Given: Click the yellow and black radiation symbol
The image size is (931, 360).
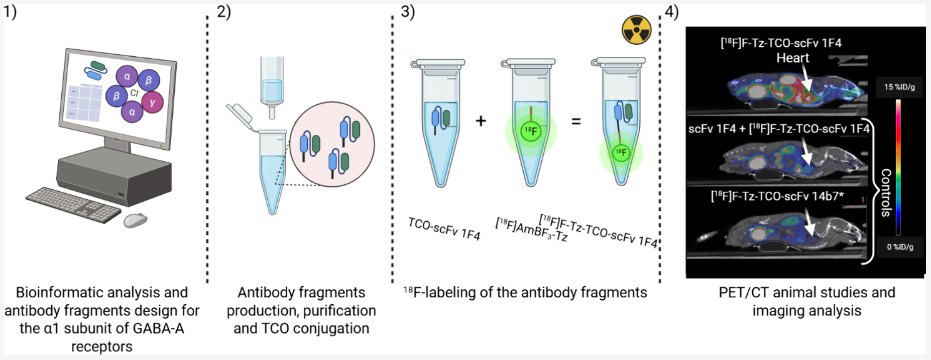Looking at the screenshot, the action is tap(636, 30).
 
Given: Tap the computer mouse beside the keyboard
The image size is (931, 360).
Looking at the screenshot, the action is tap(136, 220).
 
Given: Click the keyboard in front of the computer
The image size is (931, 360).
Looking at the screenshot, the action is tap(73, 205).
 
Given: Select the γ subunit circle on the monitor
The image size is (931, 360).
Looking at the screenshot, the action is tap(152, 102).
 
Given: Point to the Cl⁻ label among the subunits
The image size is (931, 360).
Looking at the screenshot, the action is tap(135, 93).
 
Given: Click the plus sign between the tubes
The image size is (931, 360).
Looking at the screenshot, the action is tap(481, 121).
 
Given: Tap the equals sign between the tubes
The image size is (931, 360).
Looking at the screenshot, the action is tap(576, 121).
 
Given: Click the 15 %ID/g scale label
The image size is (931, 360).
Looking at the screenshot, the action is tap(899, 87).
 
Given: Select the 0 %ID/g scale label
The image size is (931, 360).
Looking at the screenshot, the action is tap(900, 247).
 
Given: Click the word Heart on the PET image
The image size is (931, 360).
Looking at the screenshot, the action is tap(792, 58).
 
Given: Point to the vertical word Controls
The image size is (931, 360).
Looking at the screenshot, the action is tap(886, 192).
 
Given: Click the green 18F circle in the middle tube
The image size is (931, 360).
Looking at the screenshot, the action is tap(531, 132).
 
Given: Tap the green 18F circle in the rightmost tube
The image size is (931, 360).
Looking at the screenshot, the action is tap(621, 153).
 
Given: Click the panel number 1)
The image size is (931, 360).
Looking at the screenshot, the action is tap(10, 12).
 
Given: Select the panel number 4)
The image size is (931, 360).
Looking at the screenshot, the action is tap(672, 12).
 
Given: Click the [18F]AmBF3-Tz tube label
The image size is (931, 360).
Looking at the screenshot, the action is tap(531, 229).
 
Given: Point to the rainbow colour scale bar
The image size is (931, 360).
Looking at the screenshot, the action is tap(898, 167).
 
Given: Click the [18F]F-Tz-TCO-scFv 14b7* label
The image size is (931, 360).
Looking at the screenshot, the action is tap(777, 196).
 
